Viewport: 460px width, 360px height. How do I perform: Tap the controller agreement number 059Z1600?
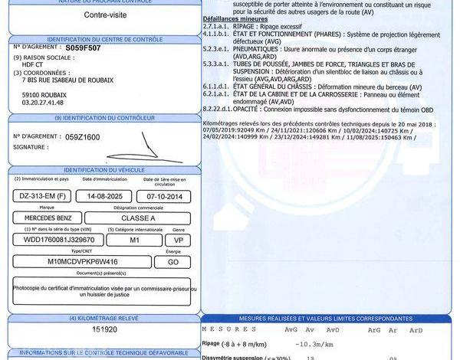click(82, 136)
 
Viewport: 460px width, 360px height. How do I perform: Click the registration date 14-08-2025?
click(103, 195)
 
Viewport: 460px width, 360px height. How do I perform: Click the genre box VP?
click(179, 240)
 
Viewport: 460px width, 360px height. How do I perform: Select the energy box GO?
click(179, 261)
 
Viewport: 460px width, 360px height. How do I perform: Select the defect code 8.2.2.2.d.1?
click(221, 110)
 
